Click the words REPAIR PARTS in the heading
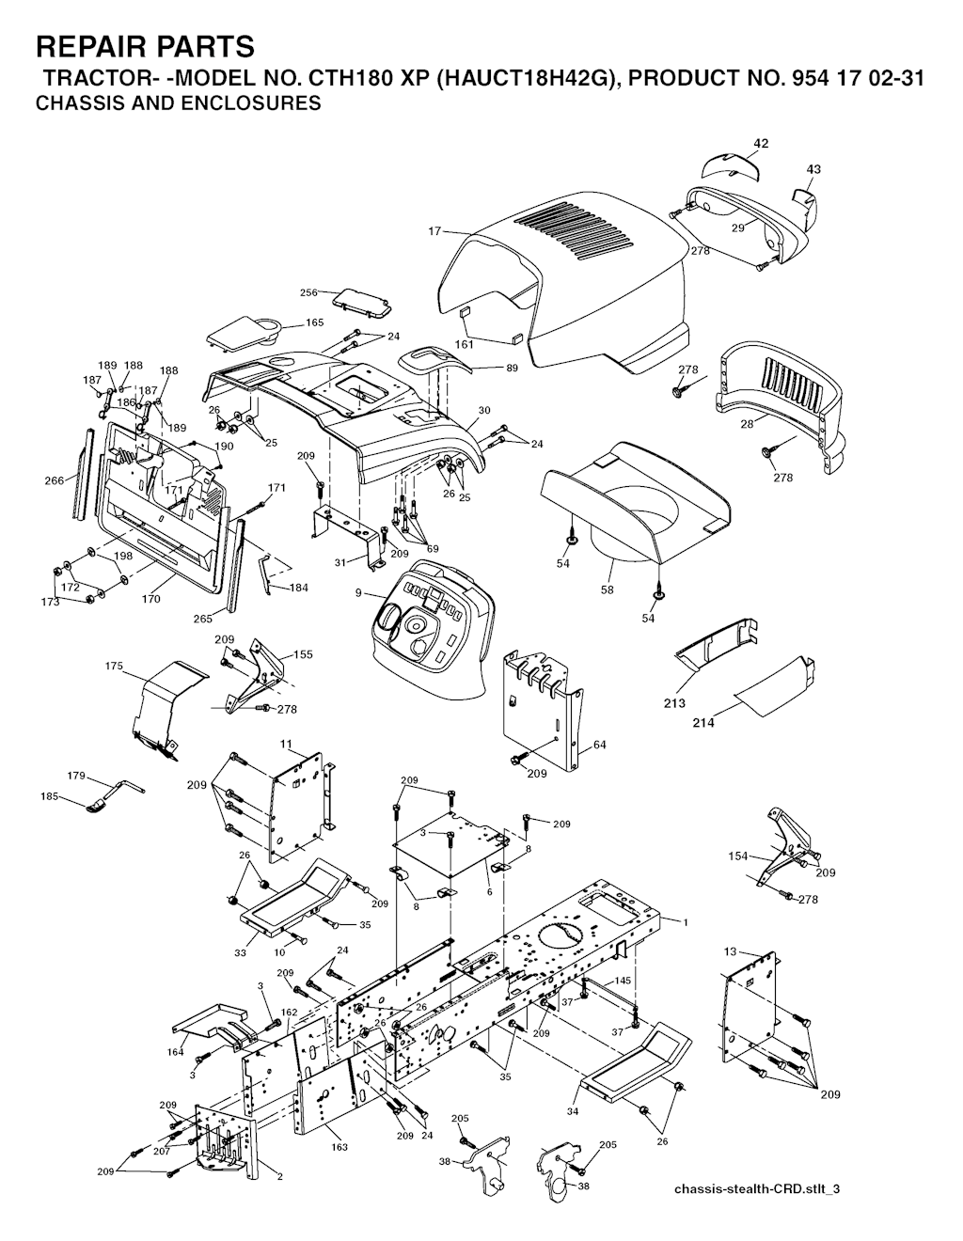(145, 46)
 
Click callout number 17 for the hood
(434, 231)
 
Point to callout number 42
(760, 143)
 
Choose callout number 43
(813, 169)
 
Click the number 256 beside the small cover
(308, 292)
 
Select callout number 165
(314, 322)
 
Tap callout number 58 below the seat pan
(607, 590)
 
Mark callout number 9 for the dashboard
(357, 593)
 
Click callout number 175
(114, 666)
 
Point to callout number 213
(674, 703)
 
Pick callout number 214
(703, 724)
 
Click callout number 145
(623, 981)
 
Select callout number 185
(50, 796)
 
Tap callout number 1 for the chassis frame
(686, 921)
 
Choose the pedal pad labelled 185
(98, 806)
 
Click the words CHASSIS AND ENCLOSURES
(178, 102)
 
